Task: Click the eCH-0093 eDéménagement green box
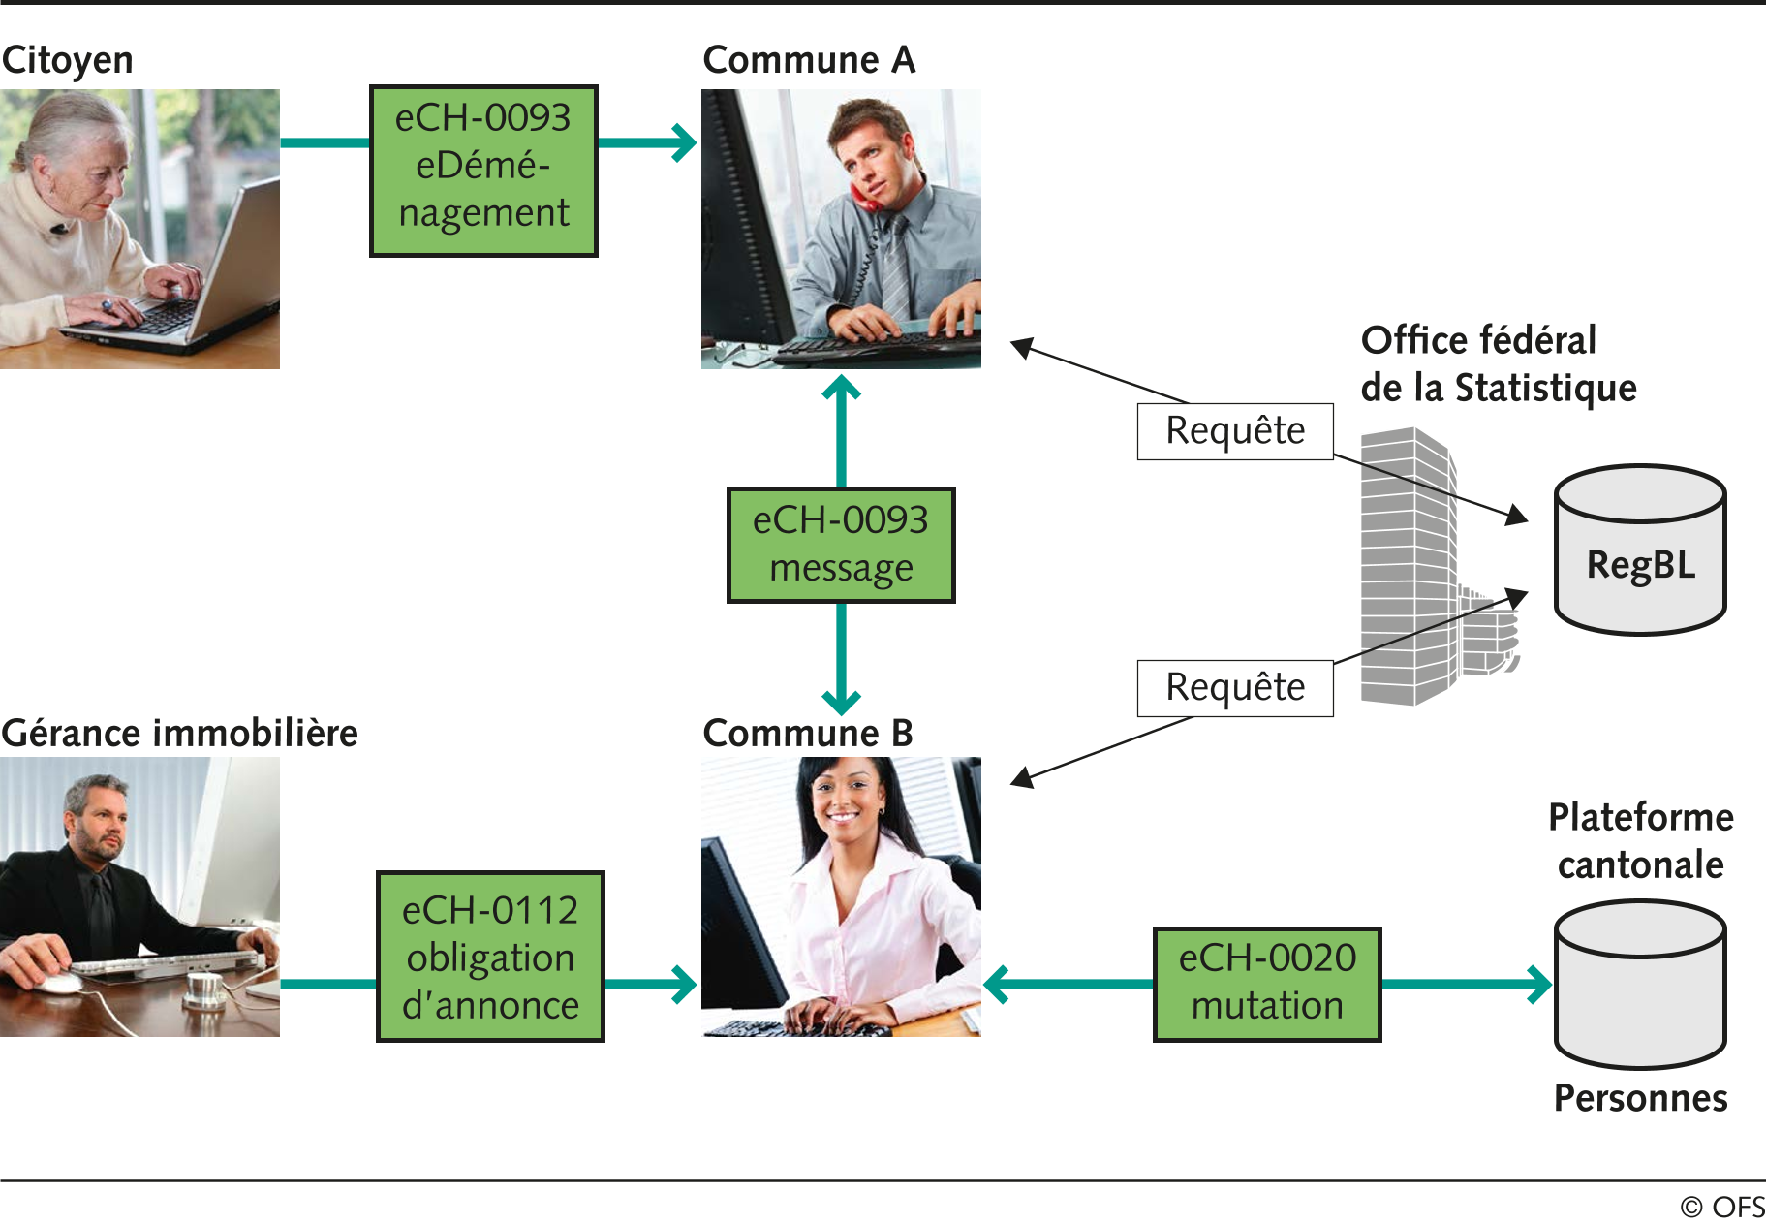coord(483,171)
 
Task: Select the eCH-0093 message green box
coord(841,545)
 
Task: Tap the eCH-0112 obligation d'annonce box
coord(490,957)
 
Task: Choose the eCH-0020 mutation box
coord(1267,984)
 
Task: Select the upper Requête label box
coord(1235,431)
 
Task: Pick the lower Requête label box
coord(1235,688)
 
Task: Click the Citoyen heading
coord(68,60)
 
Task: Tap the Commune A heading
coord(809,60)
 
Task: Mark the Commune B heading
coord(808,734)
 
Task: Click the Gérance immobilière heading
coord(180,734)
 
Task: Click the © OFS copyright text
coord(1721,1207)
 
